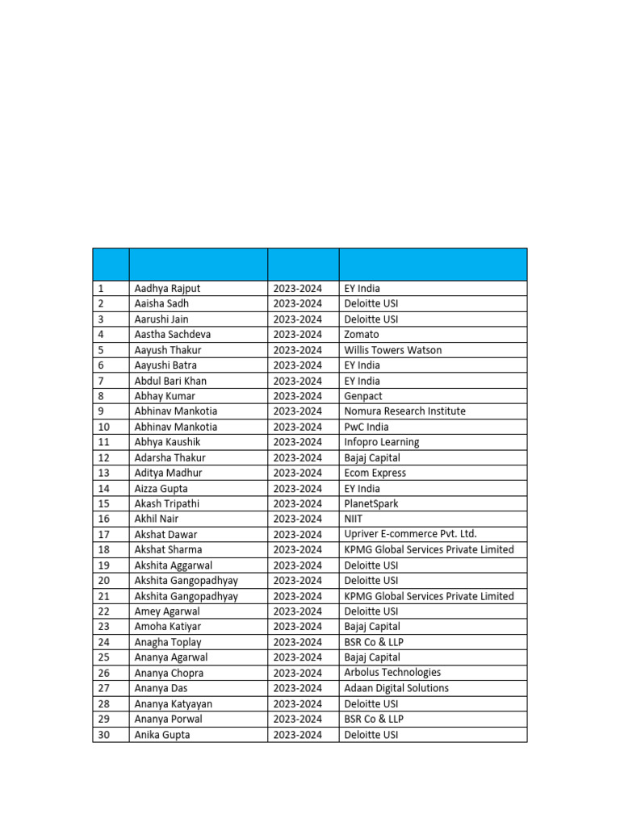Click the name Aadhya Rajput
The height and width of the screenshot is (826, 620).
click(x=167, y=288)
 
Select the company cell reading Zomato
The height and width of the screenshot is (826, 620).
click(x=361, y=335)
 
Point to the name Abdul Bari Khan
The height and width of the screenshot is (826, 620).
click(x=170, y=381)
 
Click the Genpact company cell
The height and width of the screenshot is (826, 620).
click(x=363, y=396)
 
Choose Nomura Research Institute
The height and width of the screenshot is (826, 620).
click(x=404, y=411)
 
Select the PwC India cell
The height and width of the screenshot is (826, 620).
click(x=366, y=427)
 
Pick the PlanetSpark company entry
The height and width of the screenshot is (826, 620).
click(x=371, y=503)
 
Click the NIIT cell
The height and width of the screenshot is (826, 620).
click(x=354, y=519)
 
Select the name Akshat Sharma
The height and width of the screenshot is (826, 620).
click(x=170, y=549)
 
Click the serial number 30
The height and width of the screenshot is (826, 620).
click(x=103, y=735)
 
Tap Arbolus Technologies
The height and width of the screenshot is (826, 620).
click(x=392, y=673)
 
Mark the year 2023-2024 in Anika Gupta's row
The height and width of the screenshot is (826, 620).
click(x=297, y=735)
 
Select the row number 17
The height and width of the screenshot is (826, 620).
click(x=103, y=534)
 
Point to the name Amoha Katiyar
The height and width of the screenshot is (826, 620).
click(x=167, y=627)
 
